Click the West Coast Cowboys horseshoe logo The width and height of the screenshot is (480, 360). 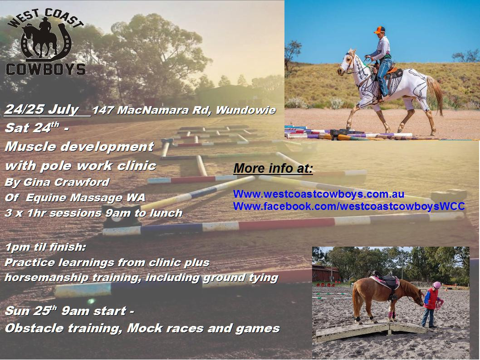(x=45, y=42)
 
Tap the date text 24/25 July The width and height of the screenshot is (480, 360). (x=42, y=110)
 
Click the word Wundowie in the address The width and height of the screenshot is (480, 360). (x=246, y=110)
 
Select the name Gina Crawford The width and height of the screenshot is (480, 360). (x=66, y=182)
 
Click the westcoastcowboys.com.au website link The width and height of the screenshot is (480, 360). (x=318, y=194)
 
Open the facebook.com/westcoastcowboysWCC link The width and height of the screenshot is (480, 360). (x=349, y=206)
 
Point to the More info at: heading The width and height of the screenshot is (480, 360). (x=274, y=168)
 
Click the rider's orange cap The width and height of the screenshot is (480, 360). (x=379, y=29)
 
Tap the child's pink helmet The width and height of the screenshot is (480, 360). (x=437, y=285)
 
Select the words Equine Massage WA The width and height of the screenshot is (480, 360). (x=85, y=198)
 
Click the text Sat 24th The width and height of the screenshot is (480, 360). (x=32, y=127)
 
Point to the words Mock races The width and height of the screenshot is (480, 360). (x=165, y=328)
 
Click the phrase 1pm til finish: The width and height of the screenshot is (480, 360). (x=46, y=247)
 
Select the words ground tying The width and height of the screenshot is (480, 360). (x=240, y=278)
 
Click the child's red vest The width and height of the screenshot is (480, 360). (x=431, y=298)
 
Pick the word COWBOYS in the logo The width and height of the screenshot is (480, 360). (x=46, y=69)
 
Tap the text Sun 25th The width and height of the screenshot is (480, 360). (x=31, y=311)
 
